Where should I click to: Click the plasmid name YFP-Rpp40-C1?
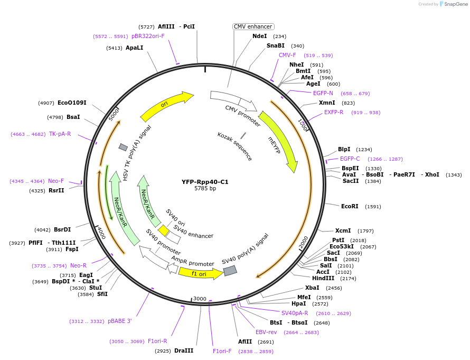[x=205, y=181]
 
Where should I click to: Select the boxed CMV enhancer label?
[x=253, y=26]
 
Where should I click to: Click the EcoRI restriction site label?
[x=350, y=207]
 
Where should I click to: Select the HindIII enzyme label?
[x=323, y=278]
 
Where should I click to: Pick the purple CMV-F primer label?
[x=287, y=55]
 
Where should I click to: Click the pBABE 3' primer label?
[x=119, y=321]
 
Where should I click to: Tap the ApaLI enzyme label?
[x=134, y=48]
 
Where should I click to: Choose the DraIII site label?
[x=184, y=350]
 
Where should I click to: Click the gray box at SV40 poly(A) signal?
[x=230, y=271]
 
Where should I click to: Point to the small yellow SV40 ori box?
[x=164, y=231]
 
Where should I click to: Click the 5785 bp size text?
[x=205, y=188]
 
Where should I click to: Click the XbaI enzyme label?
[x=312, y=288]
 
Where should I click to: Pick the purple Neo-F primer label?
[x=56, y=181]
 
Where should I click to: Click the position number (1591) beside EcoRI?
[x=373, y=207]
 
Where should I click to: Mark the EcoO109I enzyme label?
[x=72, y=103]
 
